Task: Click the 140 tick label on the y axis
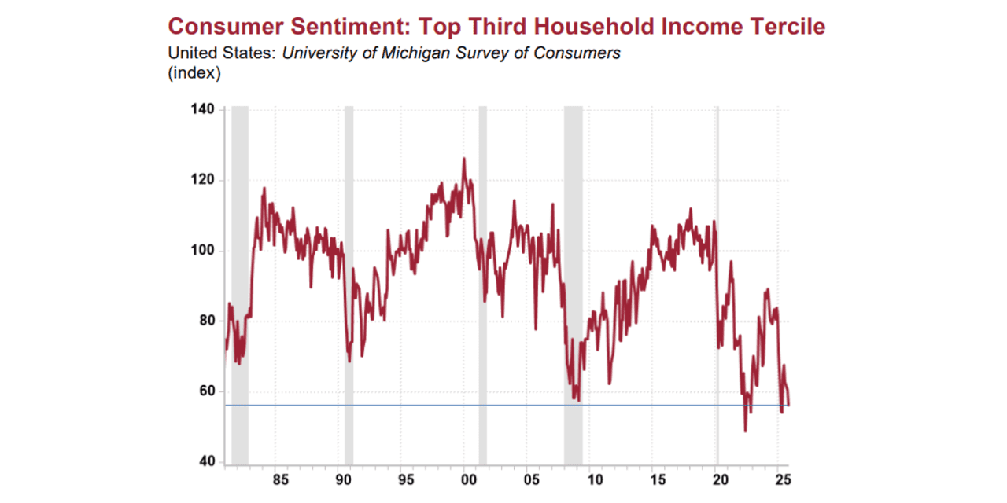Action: click(x=203, y=108)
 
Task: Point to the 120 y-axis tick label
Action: click(x=203, y=180)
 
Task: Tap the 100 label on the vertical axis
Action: click(x=203, y=251)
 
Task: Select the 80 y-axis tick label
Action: click(x=205, y=321)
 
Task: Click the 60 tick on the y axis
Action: click(x=205, y=391)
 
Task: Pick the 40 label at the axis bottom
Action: click(x=205, y=462)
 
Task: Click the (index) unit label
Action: click(x=194, y=74)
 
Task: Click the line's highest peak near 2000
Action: click(x=463, y=159)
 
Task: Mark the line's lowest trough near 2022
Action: click(x=745, y=431)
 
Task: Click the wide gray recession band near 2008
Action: click(x=573, y=283)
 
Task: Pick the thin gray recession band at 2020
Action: click(x=717, y=283)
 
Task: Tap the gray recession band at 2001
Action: click(x=483, y=283)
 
